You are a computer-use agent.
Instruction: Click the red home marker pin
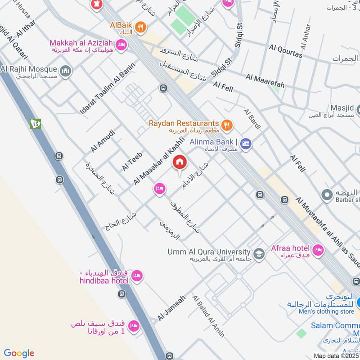tap(180, 162)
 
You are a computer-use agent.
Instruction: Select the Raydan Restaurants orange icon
tap(227, 124)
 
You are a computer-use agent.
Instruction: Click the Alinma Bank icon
tap(246, 144)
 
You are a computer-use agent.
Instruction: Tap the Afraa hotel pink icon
tap(318, 250)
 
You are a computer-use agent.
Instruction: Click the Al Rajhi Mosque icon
tap(66, 71)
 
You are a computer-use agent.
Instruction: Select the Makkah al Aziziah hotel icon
tap(121, 45)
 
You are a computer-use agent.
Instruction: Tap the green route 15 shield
tap(36, 123)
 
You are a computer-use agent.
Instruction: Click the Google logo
tap(19, 353)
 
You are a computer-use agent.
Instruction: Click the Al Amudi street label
tap(103, 141)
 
